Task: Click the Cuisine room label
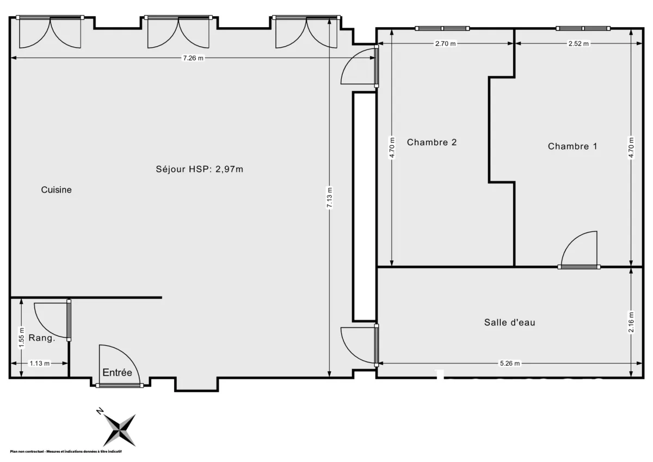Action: coord(57,190)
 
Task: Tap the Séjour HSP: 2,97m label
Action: coord(199,169)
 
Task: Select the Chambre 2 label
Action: coord(432,143)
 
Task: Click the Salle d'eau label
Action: coord(509,322)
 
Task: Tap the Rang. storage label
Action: coord(41,338)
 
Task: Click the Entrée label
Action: coord(118,373)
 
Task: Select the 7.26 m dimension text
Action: coord(193,58)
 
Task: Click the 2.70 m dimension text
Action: coord(445,44)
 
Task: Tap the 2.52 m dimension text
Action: coord(578,44)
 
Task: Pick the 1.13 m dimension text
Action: coord(39,364)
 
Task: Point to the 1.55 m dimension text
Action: coord(21,337)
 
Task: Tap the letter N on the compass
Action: coord(100,411)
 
